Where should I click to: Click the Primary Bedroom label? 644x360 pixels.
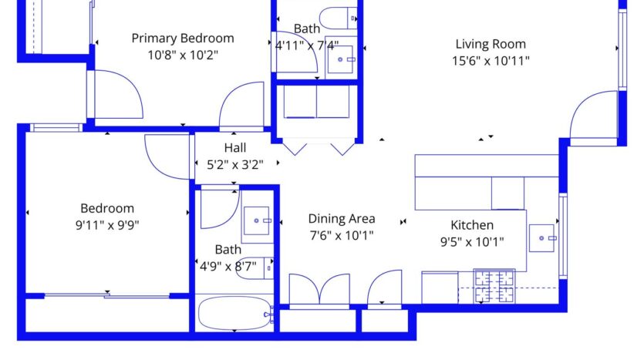tap(182, 38)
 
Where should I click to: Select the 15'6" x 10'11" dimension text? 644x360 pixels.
tap(491, 61)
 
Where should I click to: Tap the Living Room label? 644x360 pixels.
tap(491, 44)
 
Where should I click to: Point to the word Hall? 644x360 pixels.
tap(235, 147)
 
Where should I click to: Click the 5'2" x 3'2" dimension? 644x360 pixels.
tap(235, 163)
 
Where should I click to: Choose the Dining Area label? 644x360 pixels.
tap(341, 218)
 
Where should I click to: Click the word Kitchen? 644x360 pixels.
tap(471, 225)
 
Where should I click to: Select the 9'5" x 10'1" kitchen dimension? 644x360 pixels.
tap(471, 241)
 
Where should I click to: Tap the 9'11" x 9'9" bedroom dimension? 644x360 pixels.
tap(107, 225)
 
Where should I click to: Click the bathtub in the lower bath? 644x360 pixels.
tap(234, 315)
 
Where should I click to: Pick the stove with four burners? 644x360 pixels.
tap(494, 286)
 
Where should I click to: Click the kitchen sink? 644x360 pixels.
tap(545, 238)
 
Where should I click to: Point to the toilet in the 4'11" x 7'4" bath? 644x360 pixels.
tap(339, 17)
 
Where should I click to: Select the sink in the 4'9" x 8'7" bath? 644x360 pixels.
tap(257, 220)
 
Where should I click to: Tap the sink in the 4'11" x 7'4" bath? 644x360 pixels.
tap(342, 59)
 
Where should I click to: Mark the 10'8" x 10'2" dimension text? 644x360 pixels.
tap(182, 55)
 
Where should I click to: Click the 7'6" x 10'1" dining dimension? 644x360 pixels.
tap(341, 235)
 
